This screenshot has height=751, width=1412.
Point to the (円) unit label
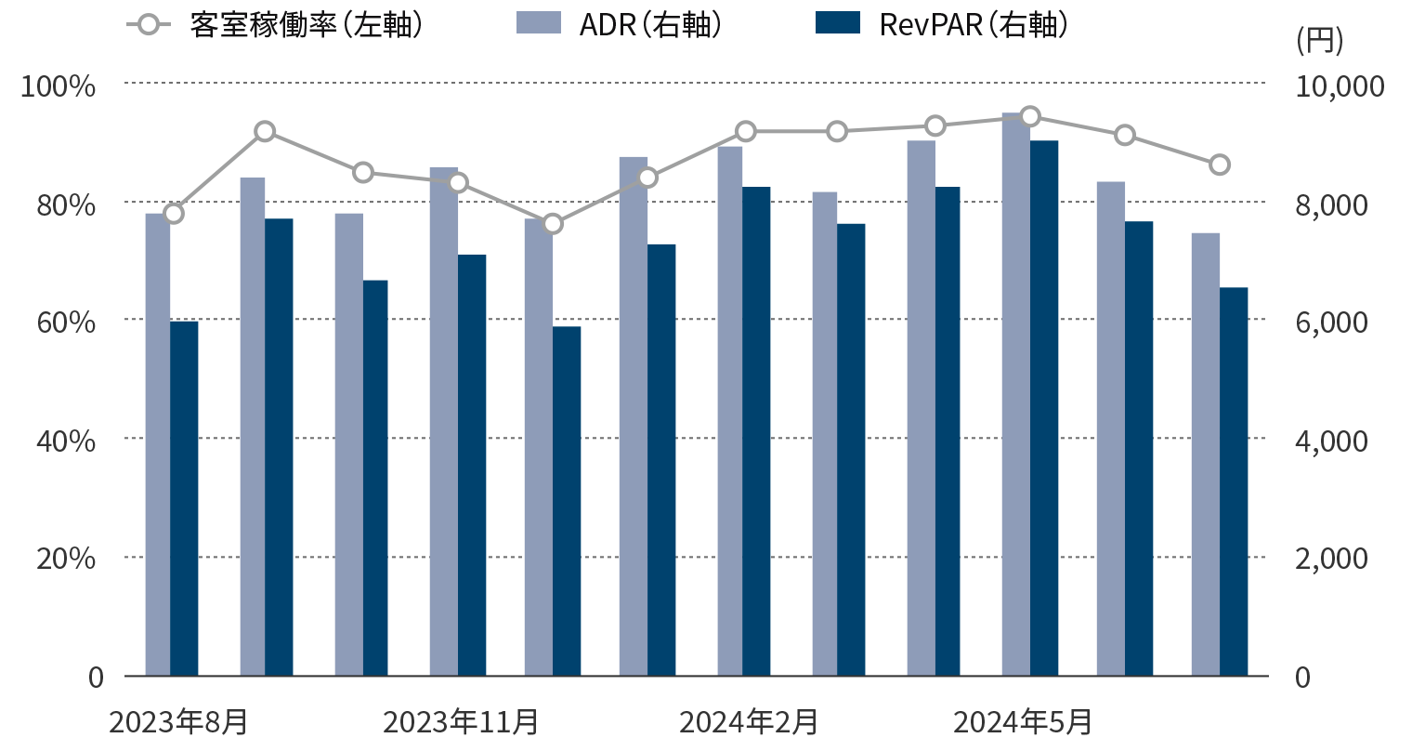coord(1318,40)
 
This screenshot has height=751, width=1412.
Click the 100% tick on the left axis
coord(59,86)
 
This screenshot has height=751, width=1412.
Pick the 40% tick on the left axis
coord(65,440)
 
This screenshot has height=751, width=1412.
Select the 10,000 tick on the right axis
coord(1339,86)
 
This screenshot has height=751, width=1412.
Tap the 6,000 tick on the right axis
coord(1331,322)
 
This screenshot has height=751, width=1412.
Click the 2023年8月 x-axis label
coord(178,721)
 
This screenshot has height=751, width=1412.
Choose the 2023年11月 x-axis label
coord(461,721)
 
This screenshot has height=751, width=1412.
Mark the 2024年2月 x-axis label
coord(749,721)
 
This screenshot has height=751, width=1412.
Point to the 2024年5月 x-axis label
coord(1023,721)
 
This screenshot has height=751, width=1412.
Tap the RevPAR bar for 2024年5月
coord(1044,408)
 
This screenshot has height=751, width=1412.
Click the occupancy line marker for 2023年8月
coord(174,214)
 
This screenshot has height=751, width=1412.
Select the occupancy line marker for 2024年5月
coord(1029,116)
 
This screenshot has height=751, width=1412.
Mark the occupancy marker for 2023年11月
coord(458,182)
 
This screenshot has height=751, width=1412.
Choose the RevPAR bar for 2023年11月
coord(472,465)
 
